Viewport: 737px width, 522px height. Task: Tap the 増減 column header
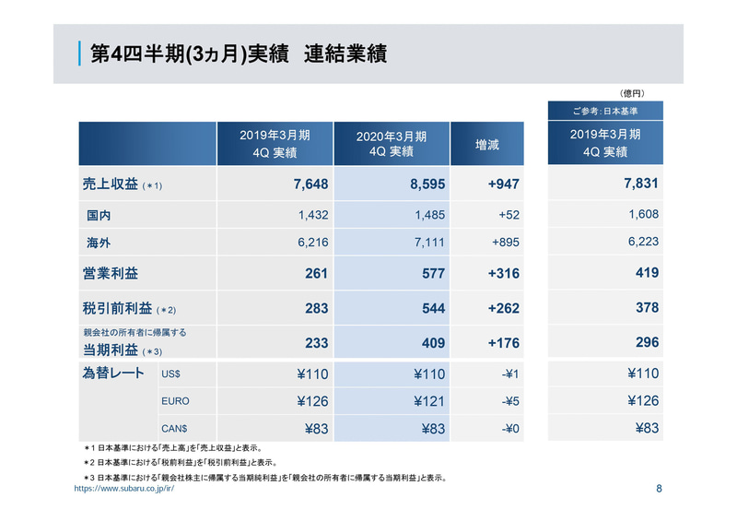click(486, 144)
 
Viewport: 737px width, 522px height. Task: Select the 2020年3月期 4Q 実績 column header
click(391, 144)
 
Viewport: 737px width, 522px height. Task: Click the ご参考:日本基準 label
click(604, 111)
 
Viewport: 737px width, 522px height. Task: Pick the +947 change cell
click(503, 184)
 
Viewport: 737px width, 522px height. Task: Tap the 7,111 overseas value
click(428, 243)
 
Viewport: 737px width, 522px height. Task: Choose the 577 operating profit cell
click(433, 274)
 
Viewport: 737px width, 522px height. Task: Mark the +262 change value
click(503, 308)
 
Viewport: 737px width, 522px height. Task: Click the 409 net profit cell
click(433, 343)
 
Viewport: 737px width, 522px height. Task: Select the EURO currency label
click(176, 402)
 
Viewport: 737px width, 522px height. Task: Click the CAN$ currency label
click(175, 429)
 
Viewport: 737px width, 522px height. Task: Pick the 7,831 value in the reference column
click(640, 184)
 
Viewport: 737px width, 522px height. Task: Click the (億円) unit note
click(631, 93)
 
